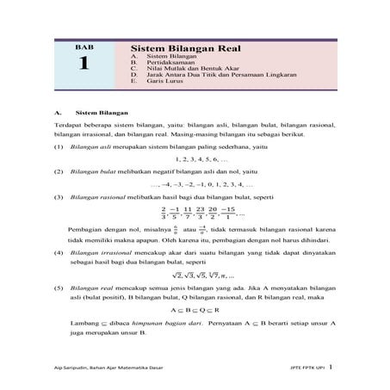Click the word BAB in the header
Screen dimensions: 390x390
click(x=83, y=47)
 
